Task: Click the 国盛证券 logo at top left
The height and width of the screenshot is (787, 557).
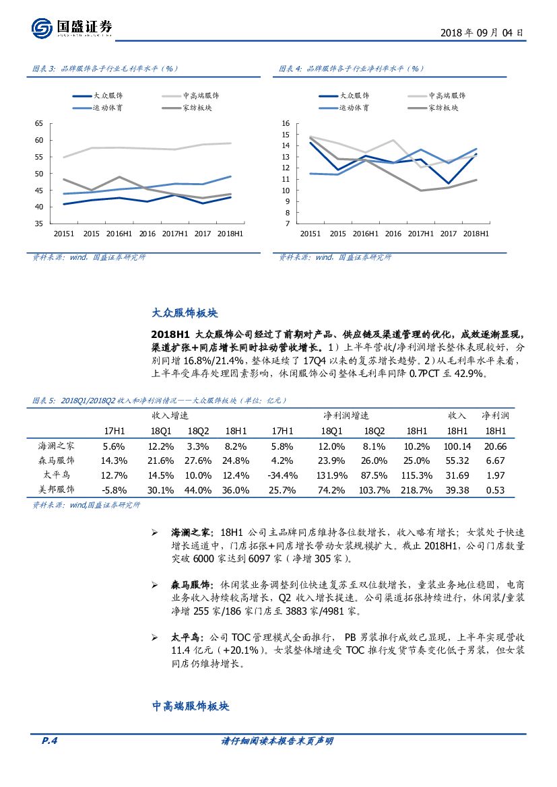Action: pyautogui.click(x=71, y=28)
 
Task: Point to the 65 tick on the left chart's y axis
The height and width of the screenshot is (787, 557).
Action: pyautogui.click(x=38, y=124)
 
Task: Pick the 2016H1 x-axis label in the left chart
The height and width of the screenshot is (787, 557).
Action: pyautogui.click(x=117, y=234)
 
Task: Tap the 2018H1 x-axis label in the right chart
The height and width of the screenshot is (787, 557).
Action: pyautogui.click(x=476, y=234)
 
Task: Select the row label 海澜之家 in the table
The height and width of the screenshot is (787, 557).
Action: pyautogui.click(x=57, y=446)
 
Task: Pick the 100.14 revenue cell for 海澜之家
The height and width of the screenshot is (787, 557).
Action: pyautogui.click(x=457, y=446)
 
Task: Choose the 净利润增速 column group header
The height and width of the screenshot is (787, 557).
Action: pyautogui.click(x=346, y=415)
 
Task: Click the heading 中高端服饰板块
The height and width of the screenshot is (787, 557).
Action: pyautogui.click(x=191, y=706)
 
